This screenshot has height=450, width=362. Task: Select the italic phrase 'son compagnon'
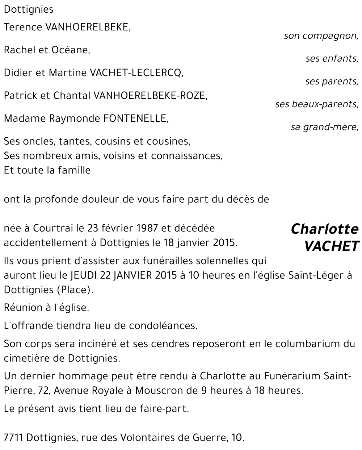click(x=321, y=36)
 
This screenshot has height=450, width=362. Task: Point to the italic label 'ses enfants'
click(x=332, y=59)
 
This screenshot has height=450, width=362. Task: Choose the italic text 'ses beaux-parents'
click(x=316, y=104)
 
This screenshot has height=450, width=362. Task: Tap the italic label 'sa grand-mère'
click(x=324, y=127)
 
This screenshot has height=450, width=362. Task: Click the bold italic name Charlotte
click(x=324, y=229)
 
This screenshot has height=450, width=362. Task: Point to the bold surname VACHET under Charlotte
click(x=331, y=246)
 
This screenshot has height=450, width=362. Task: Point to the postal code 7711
click(x=14, y=438)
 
